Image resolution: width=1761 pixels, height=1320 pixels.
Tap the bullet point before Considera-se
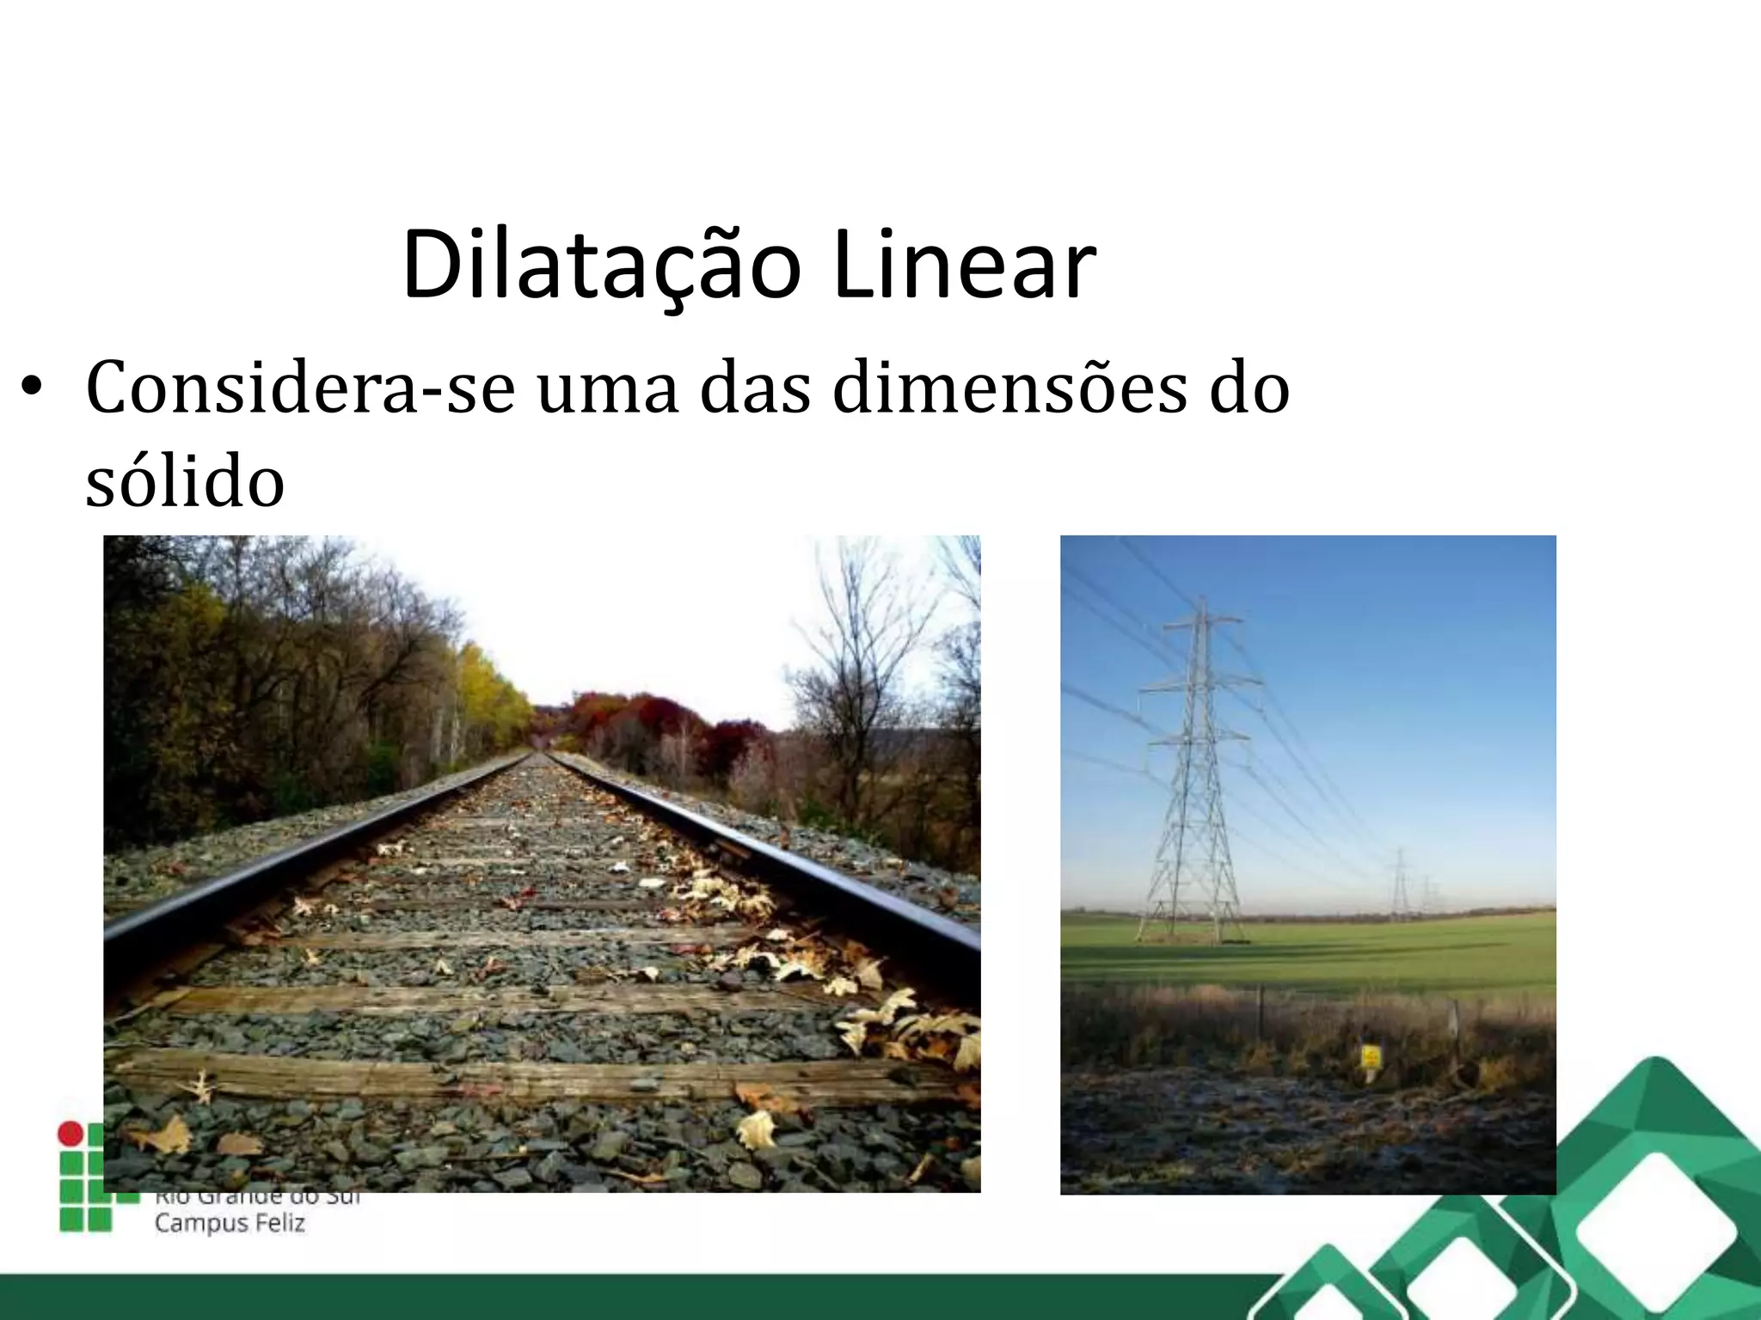click(32, 386)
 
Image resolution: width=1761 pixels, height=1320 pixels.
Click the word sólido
click(185, 481)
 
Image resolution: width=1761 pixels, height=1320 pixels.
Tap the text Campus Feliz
click(230, 1223)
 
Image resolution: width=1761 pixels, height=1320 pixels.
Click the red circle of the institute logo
click(70, 1133)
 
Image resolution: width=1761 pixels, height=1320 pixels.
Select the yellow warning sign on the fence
click(1371, 1056)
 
